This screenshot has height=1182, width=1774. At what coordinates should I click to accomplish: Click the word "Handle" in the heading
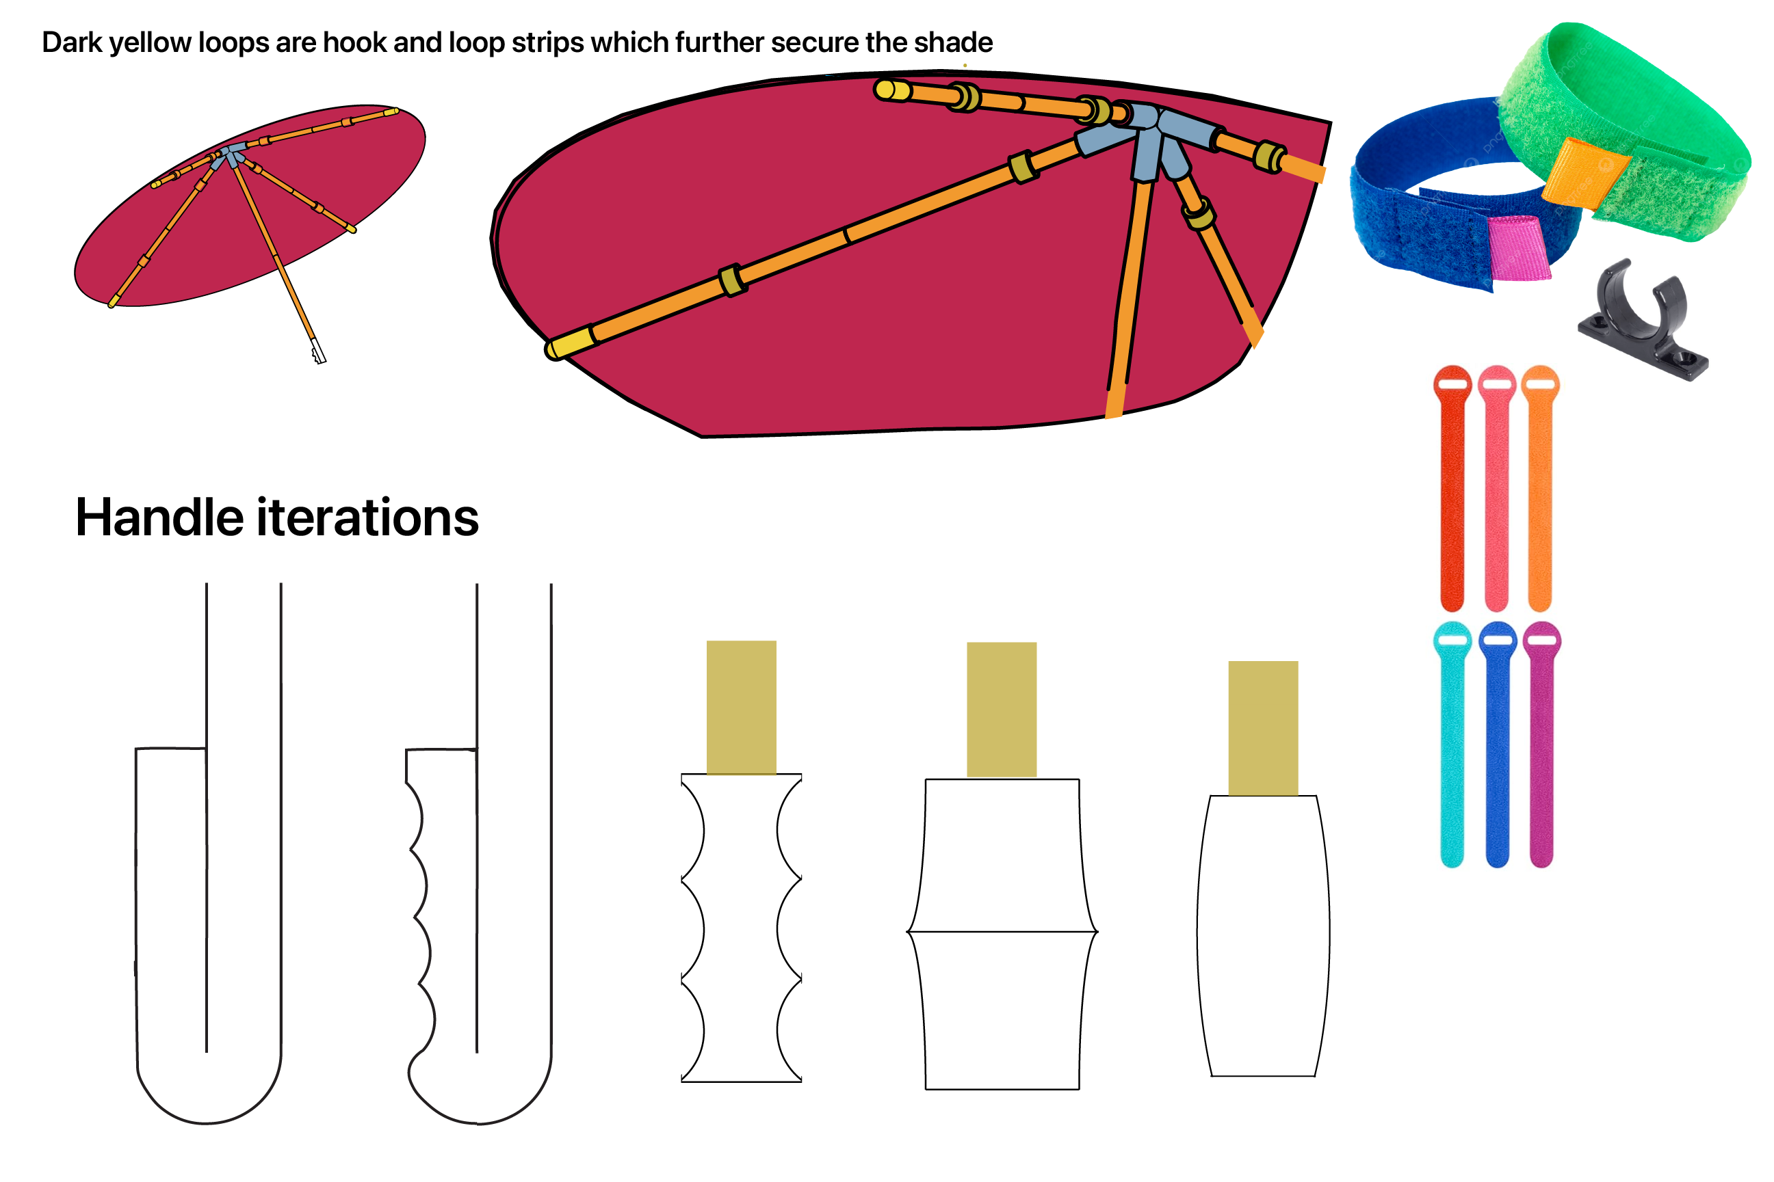coord(159,518)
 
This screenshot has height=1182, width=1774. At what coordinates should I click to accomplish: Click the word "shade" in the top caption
coord(955,43)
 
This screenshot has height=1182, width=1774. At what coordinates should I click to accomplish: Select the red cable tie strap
coord(1452,490)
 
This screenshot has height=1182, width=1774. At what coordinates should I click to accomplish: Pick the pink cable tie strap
coord(1496,490)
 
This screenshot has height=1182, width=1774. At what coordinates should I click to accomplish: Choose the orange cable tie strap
coord(1539,490)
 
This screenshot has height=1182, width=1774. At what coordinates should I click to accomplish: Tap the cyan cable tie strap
coord(1452,747)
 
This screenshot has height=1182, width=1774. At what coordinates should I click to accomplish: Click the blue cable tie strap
coord(1497,747)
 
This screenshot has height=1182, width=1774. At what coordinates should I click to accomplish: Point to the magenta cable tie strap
coord(1541,747)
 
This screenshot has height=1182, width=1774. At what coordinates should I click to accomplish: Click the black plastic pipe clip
coord(1643,324)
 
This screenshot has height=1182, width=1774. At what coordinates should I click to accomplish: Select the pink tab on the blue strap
coord(1517,247)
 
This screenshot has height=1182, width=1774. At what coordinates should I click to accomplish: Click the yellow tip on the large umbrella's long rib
coord(569,345)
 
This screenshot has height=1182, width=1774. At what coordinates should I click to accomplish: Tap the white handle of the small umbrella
coord(318,351)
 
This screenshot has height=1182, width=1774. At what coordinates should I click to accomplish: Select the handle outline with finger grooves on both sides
coord(742,927)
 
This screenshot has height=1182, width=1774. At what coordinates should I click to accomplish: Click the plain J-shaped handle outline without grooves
coord(207,980)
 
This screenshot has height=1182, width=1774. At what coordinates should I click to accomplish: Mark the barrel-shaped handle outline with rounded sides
coord(1263,935)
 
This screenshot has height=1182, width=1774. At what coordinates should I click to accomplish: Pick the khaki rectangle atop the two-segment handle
coord(1002,709)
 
